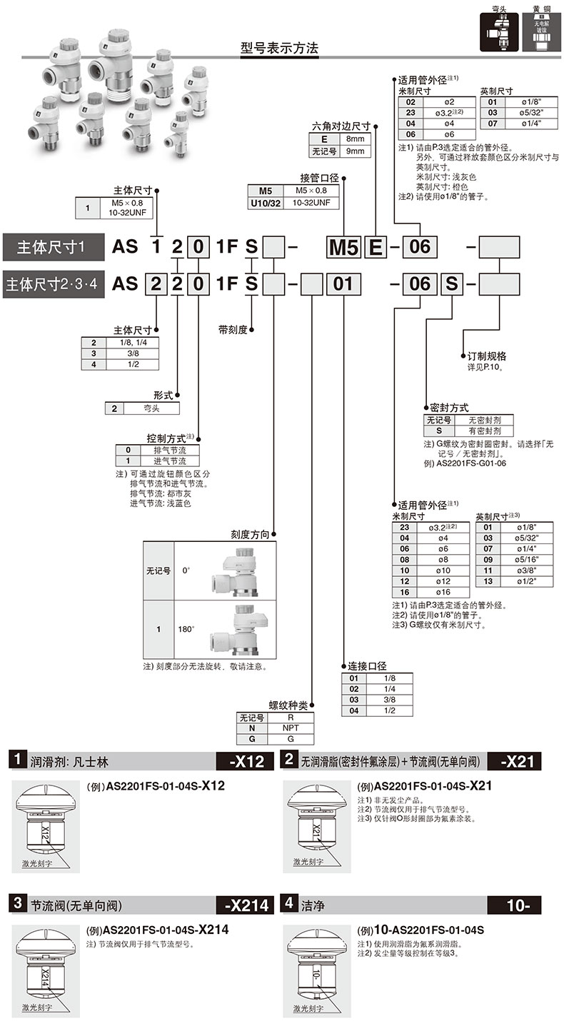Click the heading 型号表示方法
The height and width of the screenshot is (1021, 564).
279,49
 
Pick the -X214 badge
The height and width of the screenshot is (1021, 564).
248,905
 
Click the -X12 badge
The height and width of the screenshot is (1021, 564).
248,761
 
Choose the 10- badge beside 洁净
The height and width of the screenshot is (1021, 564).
517,905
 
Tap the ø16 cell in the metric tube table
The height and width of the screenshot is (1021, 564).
442,593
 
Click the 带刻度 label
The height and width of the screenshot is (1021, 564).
233,330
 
